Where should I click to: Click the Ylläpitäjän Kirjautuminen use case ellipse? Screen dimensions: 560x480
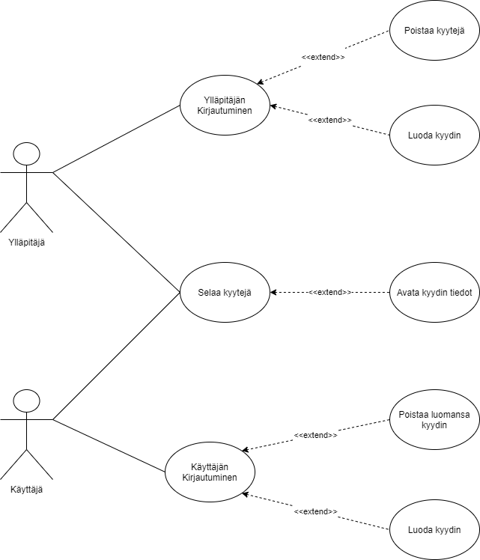225,105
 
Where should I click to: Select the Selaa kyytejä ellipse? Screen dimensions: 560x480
225,292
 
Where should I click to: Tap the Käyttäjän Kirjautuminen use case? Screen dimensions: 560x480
210,472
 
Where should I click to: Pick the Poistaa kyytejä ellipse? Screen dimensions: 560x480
434,30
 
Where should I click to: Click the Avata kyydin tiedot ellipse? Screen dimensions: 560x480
434,292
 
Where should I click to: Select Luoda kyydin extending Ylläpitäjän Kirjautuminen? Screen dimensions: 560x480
434,135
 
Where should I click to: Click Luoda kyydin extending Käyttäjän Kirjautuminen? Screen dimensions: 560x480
434,530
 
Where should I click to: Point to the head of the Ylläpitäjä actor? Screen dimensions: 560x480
27,153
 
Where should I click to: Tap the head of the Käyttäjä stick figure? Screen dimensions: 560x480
27,401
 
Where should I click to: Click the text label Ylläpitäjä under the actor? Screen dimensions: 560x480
27,241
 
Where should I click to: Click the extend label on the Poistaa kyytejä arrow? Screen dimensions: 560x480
323,58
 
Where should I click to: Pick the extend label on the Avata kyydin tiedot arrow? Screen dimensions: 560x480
330,292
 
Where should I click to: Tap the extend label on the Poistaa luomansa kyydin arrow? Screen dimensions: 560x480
315,435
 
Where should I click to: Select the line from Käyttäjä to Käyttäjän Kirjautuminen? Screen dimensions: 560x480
109,445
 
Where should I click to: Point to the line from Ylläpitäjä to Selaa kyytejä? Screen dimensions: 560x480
116,232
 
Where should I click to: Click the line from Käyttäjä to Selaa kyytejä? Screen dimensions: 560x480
116,356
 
